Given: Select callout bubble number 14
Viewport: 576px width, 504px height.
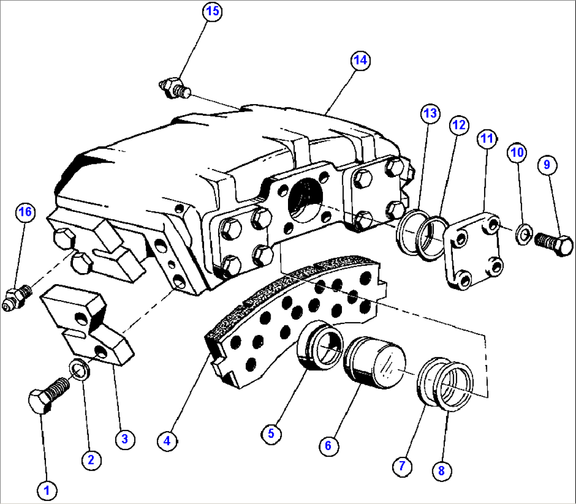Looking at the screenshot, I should click(x=360, y=61).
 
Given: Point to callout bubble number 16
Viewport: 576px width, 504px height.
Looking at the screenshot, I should click(x=25, y=212).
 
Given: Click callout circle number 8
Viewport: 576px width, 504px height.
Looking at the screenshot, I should click(x=442, y=470).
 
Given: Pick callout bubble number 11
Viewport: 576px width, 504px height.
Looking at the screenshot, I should click(x=487, y=139).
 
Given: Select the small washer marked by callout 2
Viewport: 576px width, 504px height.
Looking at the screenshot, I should click(x=79, y=369).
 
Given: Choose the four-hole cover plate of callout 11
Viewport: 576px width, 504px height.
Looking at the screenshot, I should click(x=472, y=249).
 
